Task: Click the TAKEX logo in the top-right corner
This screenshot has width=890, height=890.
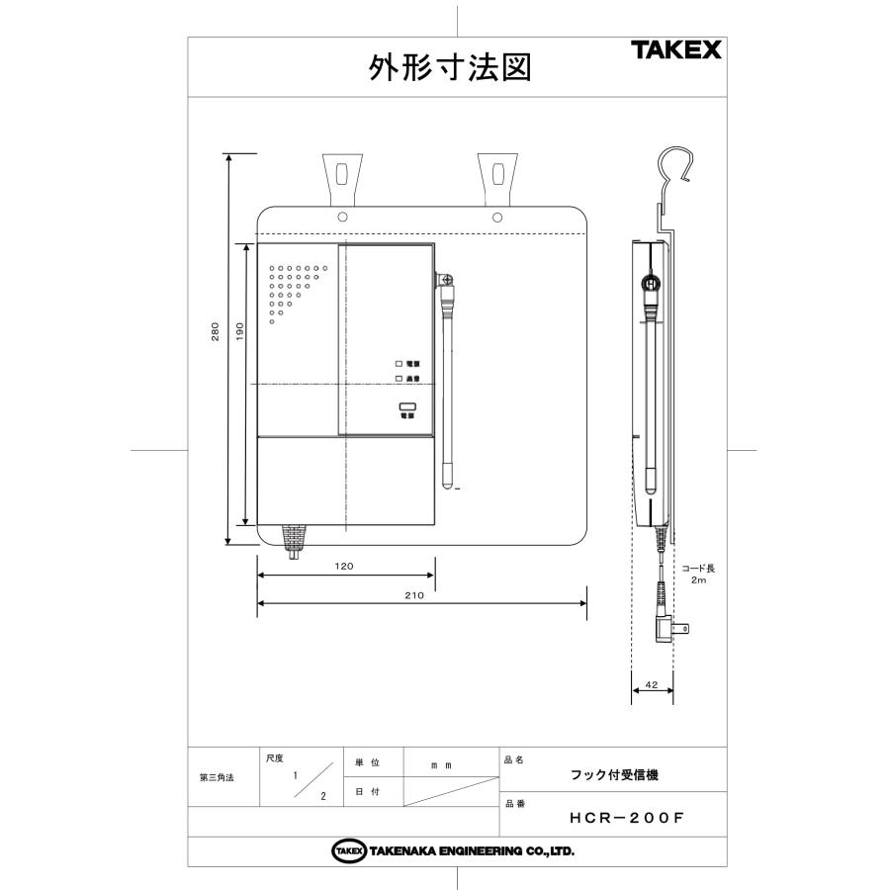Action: [x=676, y=50]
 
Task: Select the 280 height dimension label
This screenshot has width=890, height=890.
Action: [x=217, y=335]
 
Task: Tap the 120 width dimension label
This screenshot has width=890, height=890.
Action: [x=344, y=567]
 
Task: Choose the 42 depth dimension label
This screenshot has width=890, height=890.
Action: [x=651, y=684]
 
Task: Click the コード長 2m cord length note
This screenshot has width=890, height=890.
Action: [x=698, y=575]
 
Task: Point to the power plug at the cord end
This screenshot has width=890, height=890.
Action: [x=673, y=626]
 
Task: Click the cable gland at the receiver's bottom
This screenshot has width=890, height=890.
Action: [x=294, y=540]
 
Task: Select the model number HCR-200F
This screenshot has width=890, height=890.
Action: [x=627, y=818]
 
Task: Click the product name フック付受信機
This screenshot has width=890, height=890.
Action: [x=614, y=775]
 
